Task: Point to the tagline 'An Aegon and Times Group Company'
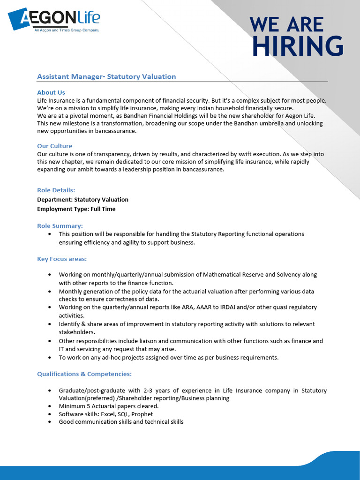pyautogui.click(x=65, y=30)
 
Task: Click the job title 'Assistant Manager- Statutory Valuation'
pyautogui.click(x=106, y=76)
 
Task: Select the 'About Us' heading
pyautogui.click(x=51, y=92)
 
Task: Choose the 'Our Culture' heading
pyautogui.click(x=55, y=146)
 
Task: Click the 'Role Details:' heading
pyautogui.click(x=56, y=190)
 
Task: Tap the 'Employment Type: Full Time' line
pyautogui.click(x=76, y=209)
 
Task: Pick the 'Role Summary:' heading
pyautogui.click(x=60, y=225)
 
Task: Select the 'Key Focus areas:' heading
pyautogui.click(x=62, y=259)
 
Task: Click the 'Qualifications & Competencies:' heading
pyautogui.click(x=84, y=374)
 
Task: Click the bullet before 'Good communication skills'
pyautogui.click(x=50, y=422)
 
